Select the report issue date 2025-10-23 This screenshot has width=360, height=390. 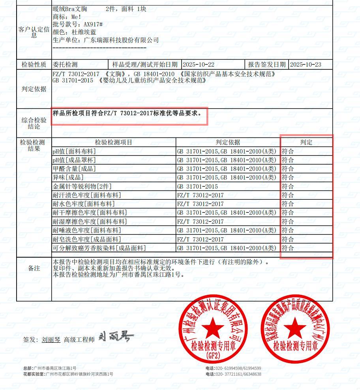[306, 65]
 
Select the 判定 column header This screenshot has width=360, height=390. [306, 142]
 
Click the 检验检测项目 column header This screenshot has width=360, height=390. [114, 142]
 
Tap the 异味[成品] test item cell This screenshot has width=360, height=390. [68, 178]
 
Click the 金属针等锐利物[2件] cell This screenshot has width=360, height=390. [82, 186]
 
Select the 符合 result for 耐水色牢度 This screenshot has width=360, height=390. [288, 204]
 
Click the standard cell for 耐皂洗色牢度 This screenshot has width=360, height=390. [200, 239]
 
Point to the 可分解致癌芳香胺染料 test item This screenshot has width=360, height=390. [99, 248]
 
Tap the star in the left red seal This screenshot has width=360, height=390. [214, 327]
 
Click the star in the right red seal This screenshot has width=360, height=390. [294, 328]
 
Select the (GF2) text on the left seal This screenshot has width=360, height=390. [213, 355]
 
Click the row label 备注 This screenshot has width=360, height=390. [34, 268]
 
